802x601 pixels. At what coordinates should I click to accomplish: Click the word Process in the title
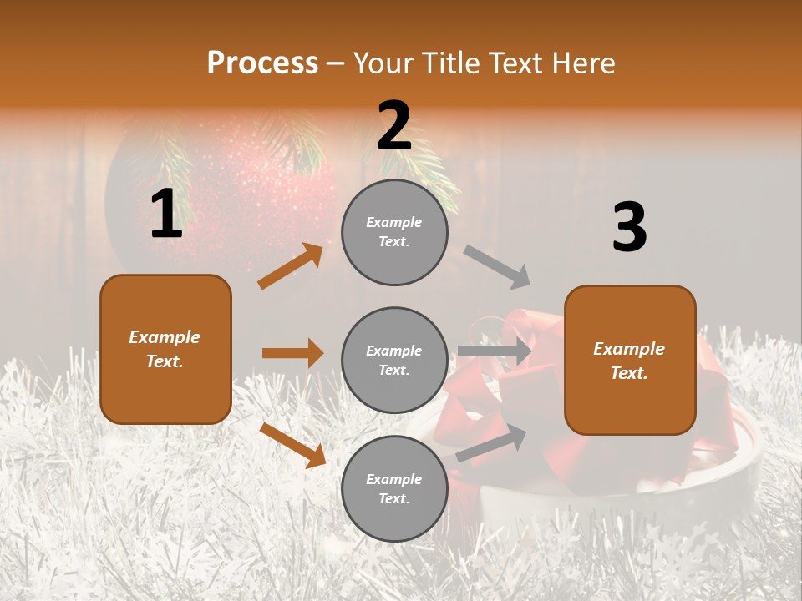coord(262,63)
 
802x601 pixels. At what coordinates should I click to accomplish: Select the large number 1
coord(166,215)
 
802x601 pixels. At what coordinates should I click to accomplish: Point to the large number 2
coord(394,127)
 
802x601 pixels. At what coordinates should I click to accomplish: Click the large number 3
coord(629,228)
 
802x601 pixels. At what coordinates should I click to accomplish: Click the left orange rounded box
coord(165,349)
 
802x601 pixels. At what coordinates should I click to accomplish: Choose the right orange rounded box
coord(630,361)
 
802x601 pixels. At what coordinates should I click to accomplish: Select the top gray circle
coord(394,232)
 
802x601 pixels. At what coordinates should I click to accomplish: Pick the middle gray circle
coord(394,360)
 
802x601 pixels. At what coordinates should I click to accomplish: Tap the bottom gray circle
coord(394,488)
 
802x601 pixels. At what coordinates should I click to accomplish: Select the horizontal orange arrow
coord(292,353)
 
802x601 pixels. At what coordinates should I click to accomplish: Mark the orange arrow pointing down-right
coord(293,445)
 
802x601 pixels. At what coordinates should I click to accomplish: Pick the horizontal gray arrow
coord(495,351)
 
